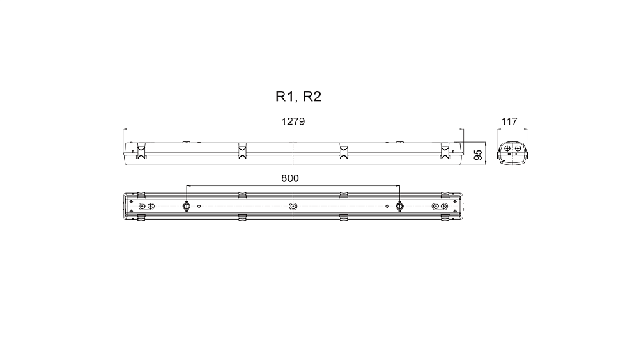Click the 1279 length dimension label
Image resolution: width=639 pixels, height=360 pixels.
[x=293, y=121]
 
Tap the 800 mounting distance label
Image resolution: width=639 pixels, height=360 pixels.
[x=289, y=178]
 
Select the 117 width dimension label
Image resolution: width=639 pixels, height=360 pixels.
[x=509, y=121]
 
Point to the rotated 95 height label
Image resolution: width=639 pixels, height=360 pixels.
[x=479, y=155]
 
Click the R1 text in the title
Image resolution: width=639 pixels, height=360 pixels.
[x=284, y=97]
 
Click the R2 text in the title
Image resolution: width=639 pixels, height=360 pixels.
[x=312, y=97]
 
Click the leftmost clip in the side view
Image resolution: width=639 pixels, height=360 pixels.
[x=141, y=150]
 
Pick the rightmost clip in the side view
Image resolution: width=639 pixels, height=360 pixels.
[x=445, y=150]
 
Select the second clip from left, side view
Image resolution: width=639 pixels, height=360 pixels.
[x=242, y=150]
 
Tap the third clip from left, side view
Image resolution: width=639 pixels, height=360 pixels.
[x=344, y=150]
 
